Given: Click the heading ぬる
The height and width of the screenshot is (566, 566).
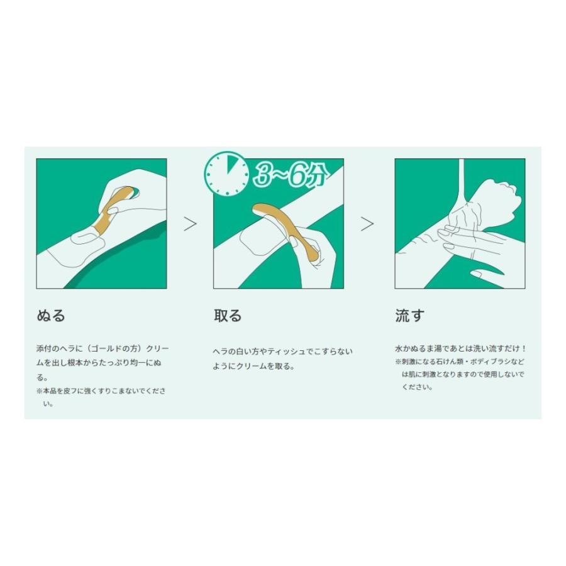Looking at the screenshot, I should (51, 316).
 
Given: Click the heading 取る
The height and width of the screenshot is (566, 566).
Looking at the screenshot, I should (228, 316).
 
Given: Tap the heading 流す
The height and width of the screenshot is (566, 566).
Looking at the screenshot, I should (409, 316).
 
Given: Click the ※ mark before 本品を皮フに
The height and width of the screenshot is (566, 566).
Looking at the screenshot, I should (39, 391).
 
